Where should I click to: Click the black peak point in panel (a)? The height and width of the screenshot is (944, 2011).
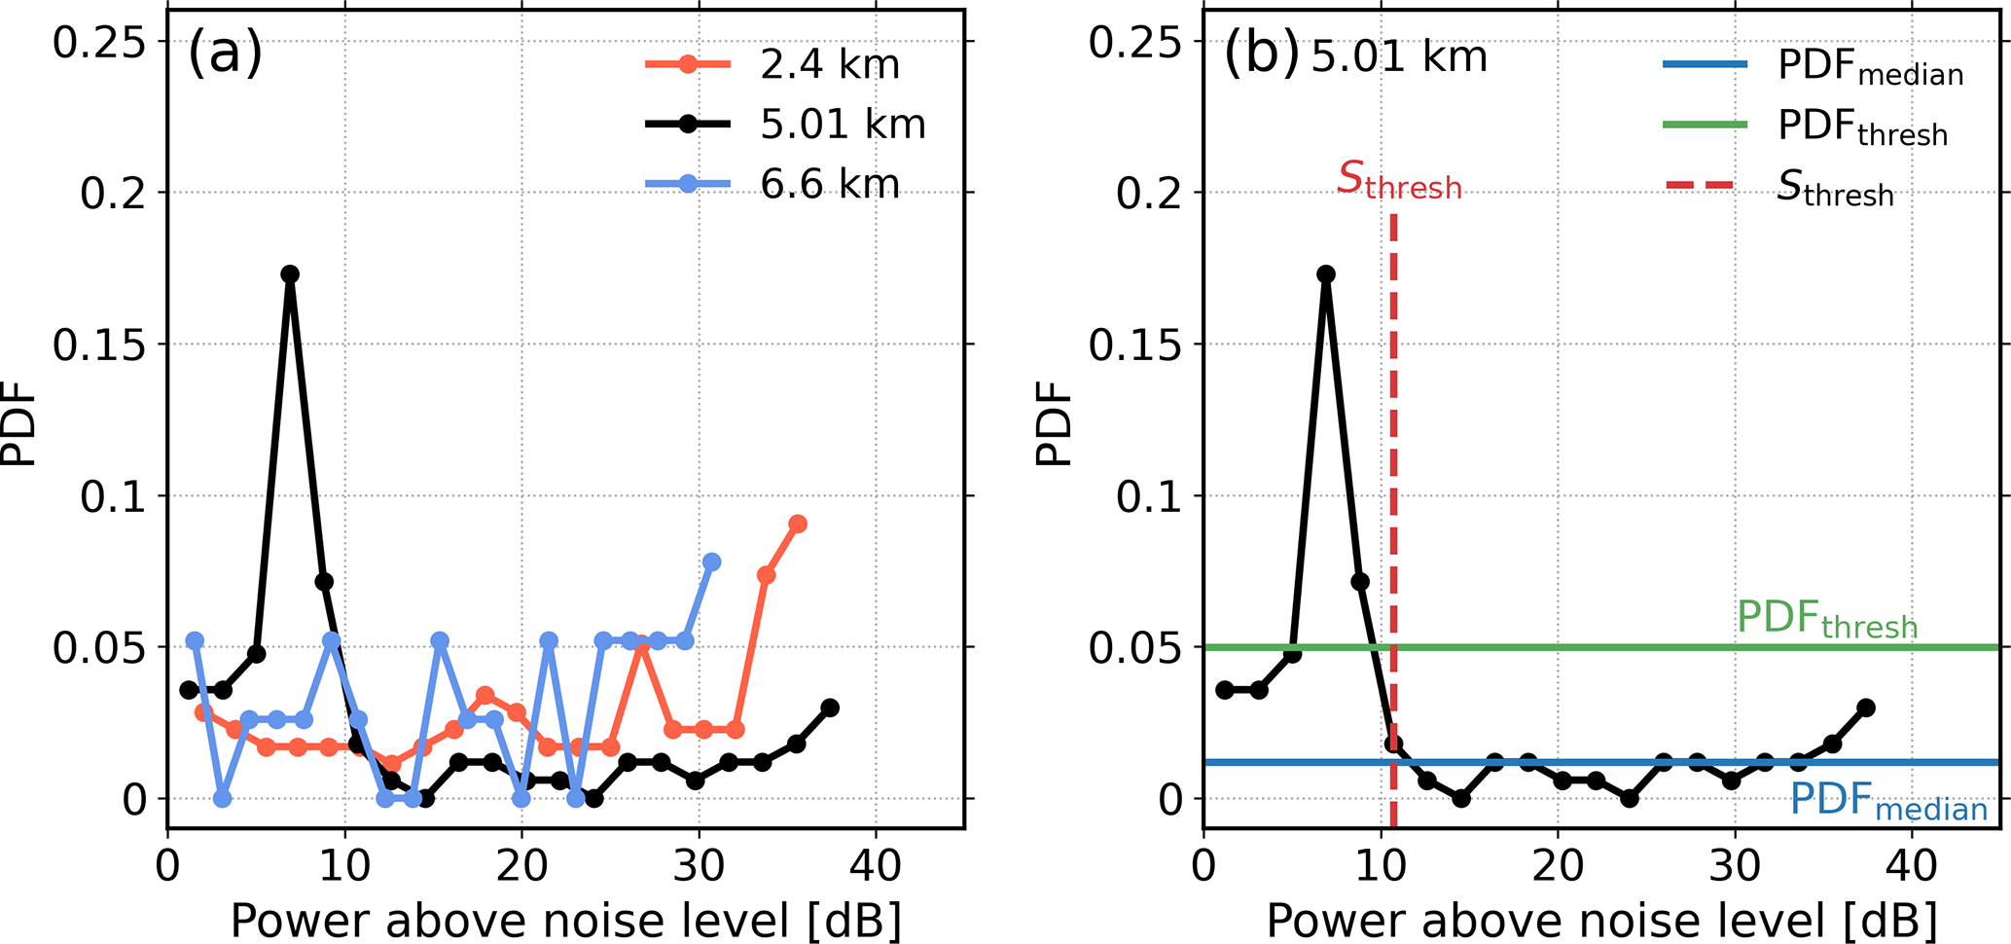click(290, 274)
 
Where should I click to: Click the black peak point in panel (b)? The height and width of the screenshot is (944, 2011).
click(1326, 274)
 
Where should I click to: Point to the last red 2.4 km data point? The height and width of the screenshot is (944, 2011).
click(798, 525)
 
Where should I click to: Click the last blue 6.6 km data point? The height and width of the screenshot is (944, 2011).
click(711, 563)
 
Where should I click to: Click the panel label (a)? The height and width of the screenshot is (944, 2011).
click(225, 54)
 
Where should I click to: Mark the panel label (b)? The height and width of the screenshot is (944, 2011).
click(1261, 55)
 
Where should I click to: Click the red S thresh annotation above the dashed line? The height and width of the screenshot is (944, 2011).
click(1399, 180)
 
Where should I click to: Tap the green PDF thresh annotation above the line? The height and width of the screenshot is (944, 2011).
click(1827, 620)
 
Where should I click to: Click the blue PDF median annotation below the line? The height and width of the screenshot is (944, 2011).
click(1888, 803)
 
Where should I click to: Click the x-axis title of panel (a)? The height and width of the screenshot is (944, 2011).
click(565, 920)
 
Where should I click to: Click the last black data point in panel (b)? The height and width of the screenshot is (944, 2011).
click(1866, 708)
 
